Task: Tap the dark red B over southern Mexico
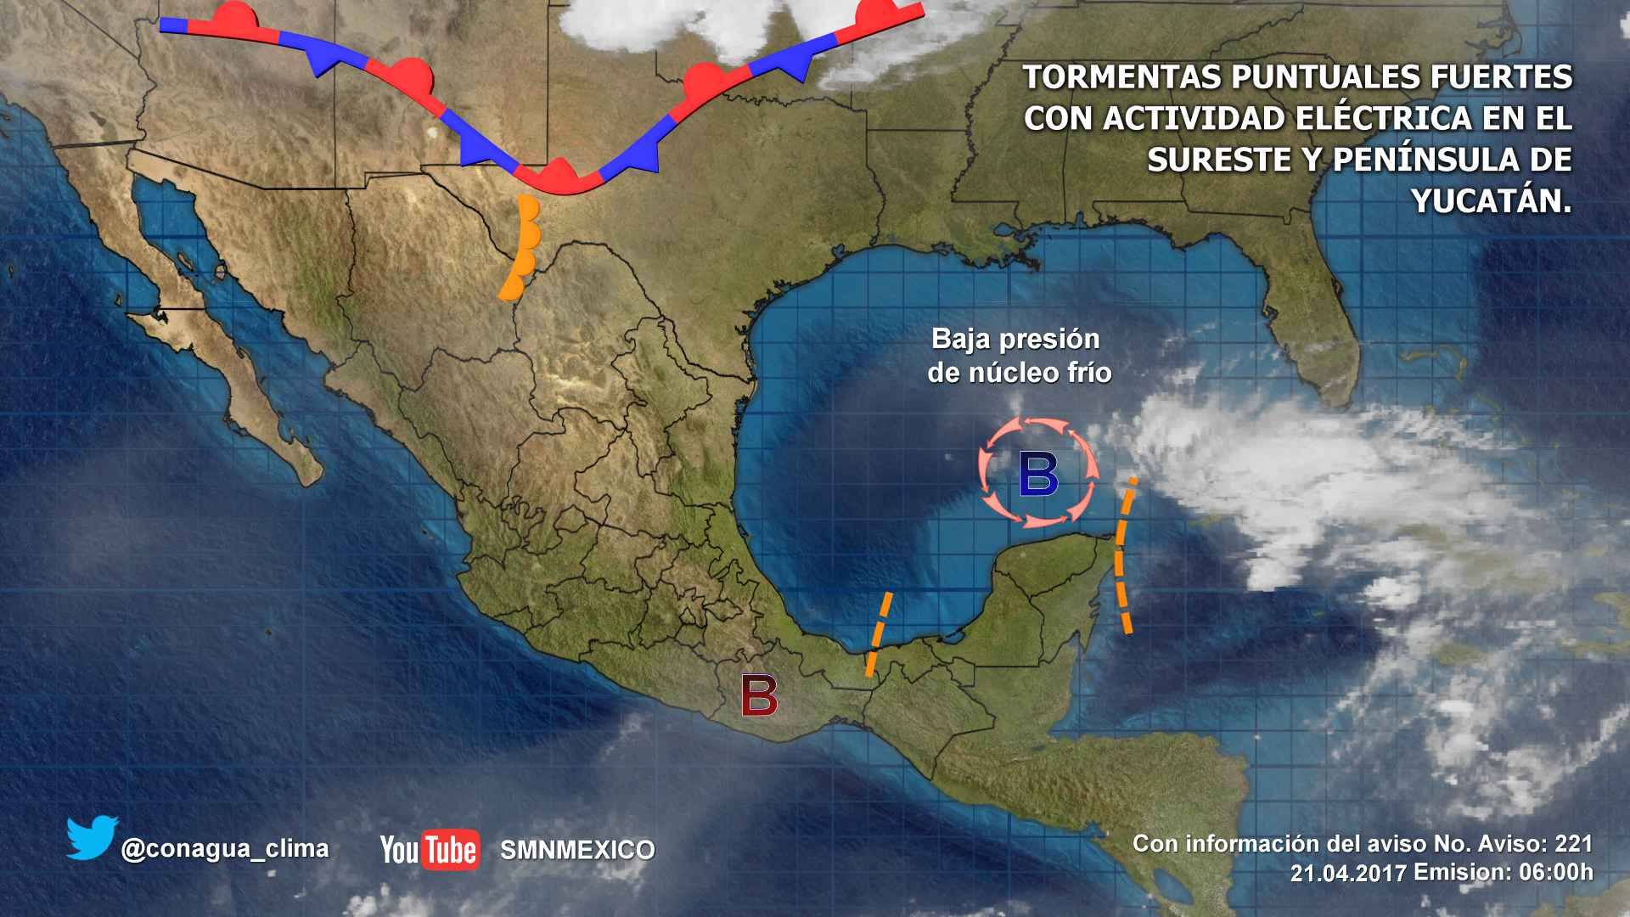(x=759, y=696)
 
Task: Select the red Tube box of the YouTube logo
(x=451, y=849)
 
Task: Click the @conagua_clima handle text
(x=225, y=848)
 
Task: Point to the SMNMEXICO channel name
(x=577, y=850)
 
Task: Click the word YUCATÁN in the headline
(x=1491, y=200)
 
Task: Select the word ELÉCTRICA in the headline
(x=1385, y=119)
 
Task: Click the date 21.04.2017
(x=1348, y=873)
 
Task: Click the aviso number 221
(x=1573, y=843)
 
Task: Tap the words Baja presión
(x=1015, y=339)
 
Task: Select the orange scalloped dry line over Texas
(x=520, y=248)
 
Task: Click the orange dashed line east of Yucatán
(x=1123, y=556)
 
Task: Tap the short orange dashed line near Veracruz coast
(x=879, y=633)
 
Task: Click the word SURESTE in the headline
(x=1218, y=160)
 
